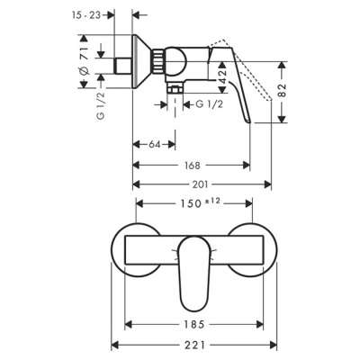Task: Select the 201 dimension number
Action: coord(202,184)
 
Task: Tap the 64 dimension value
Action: coord(155,144)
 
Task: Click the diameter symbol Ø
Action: coord(84,71)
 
